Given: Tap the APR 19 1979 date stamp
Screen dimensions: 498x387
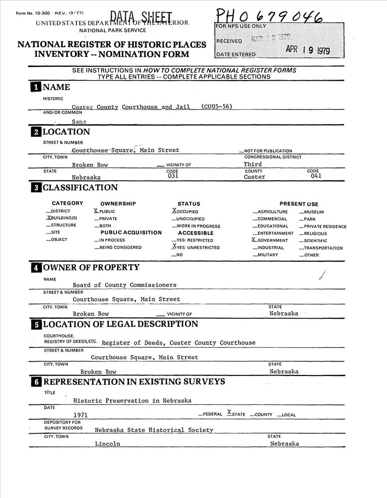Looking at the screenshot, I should tap(307, 50).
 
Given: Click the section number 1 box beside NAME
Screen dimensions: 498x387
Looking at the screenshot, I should tap(36, 88).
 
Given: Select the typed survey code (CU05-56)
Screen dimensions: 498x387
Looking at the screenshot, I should tap(217, 107).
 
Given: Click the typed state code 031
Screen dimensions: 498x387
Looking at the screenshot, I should tap(173, 176).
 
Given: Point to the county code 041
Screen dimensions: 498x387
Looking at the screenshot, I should tap(316, 176).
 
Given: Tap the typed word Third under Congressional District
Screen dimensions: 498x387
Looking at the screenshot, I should tap(253, 164).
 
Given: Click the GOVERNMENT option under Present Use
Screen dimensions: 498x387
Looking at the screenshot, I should tap(270, 240).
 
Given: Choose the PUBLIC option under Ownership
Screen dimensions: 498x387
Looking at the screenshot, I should tap(105, 212).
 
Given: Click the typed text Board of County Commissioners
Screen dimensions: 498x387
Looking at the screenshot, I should tap(124, 285).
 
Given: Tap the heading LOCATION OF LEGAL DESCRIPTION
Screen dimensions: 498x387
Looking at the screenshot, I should tap(120, 324).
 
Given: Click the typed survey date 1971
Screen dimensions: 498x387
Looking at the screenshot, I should tap(81, 415).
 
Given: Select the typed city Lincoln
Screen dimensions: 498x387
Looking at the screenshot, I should tap(107, 444).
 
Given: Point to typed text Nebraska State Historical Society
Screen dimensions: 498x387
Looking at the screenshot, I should tap(154, 430).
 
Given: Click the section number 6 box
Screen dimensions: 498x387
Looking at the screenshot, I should tap(36, 382).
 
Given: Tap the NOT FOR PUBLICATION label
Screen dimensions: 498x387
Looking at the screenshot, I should tap(266, 151).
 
